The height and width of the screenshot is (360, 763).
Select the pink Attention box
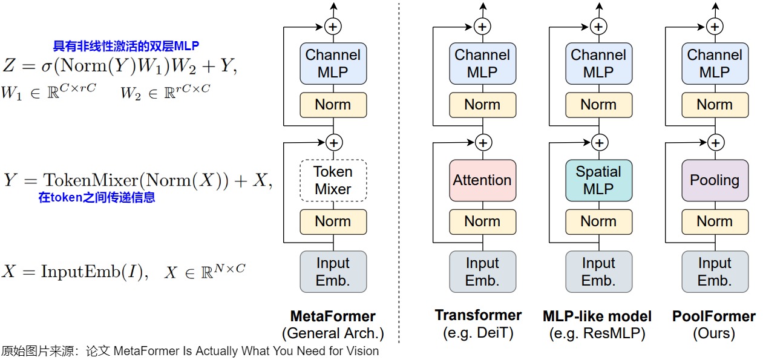pyautogui.click(x=482, y=180)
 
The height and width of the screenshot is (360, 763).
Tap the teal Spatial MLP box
pyautogui.click(x=599, y=180)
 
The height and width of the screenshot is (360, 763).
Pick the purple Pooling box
pyautogui.click(x=715, y=180)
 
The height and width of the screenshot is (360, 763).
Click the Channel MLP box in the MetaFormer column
pyautogui.click(x=333, y=64)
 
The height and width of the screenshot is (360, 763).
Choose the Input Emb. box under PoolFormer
pyautogui.click(x=715, y=272)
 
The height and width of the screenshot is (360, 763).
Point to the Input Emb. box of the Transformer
pyautogui.click(x=482, y=272)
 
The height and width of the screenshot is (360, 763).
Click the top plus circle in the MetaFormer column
pyautogui.click(x=333, y=27)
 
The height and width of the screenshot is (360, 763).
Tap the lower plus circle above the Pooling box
pyautogui.click(x=716, y=143)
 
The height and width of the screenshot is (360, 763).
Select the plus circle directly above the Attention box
pyautogui.click(x=483, y=143)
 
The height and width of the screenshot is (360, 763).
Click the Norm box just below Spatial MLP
pyautogui.click(x=599, y=221)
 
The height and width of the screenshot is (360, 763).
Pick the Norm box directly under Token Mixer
pyautogui.click(x=333, y=221)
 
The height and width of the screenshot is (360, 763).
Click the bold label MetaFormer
pyautogui.click(x=333, y=316)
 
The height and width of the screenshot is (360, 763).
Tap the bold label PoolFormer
pyautogui.click(x=713, y=316)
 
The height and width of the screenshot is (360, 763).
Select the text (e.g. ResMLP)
pyautogui.click(x=597, y=333)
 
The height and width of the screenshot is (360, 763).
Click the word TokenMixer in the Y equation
pyautogui.click(x=91, y=180)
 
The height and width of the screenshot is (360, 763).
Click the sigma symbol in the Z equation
pyautogui.click(x=47, y=66)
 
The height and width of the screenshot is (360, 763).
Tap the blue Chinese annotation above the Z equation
pyautogui.click(x=126, y=45)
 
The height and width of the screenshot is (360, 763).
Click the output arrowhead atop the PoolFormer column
pyautogui.click(x=715, y=6)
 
